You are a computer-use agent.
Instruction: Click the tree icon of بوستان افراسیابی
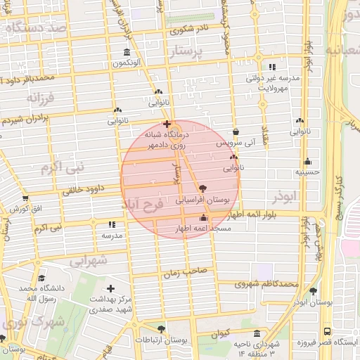(x=203, y=188)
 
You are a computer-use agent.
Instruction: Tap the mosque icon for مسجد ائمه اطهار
(x=204, y=217)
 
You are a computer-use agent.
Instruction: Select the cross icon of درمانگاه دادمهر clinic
(x=166, y=124)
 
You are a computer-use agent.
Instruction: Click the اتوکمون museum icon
(x=127, y=53)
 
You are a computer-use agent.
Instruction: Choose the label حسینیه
(x=307, y=172)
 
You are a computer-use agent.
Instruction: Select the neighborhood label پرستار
(x=191, y=52)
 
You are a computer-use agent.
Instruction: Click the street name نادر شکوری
(x=188, y=30)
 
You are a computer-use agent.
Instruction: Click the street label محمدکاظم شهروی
(x=266, y=284)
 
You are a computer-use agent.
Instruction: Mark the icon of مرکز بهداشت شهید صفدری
(x=110, y=288)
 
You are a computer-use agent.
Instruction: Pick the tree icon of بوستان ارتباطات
(x=162, y=329)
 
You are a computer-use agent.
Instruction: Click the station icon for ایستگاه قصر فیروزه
(x=327, y=331)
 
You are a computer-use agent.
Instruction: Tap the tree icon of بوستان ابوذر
(x=313, y=291)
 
